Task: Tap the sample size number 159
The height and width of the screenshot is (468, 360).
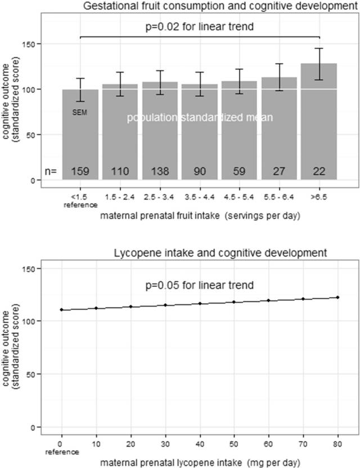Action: pyautogui.click(x=80, y=170)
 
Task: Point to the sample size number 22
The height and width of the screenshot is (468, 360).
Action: pyautogui.click(x=319, y=170)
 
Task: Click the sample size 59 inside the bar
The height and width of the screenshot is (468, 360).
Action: pyautogui.click(x=240, y=170)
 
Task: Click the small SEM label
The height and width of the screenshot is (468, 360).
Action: pyautogui.click(x=79, y=112)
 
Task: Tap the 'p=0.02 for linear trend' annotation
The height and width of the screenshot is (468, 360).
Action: pyautogui.click(x=200, y=26)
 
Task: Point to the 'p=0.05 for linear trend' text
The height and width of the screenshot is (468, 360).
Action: pyautogui.click(x=200, y=285)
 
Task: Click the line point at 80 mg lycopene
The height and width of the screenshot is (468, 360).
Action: pyautogui.click(x=337, y=297)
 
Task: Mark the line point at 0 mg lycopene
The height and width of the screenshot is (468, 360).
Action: pyautogui.click(x=60, y=309)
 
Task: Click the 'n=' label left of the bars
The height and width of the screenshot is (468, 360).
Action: pyautogui.click(x=51, y=170)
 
